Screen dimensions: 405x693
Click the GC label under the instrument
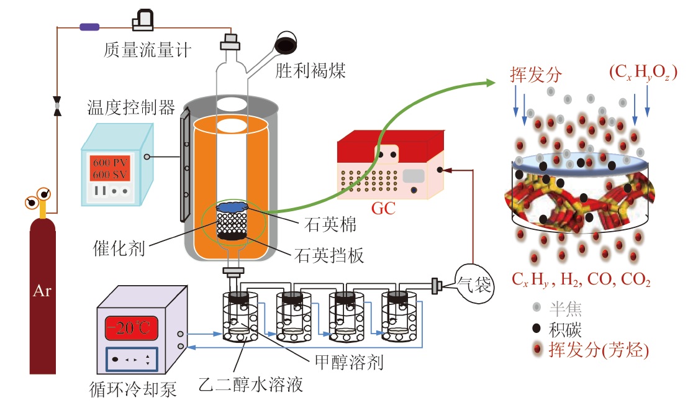pyautogui.click(x=383, y=208)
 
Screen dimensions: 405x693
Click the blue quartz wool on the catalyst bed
pyautogui.click(x=232, y=207)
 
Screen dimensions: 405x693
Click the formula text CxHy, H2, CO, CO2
pyautogui.click(x=581, y=281)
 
